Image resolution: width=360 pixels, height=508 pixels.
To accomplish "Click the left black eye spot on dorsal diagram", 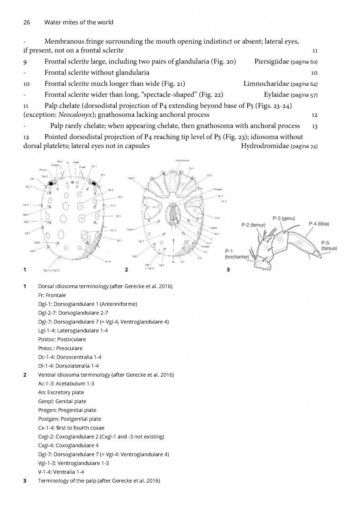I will point(51,183).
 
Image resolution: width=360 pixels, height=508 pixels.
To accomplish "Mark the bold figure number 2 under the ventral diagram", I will point(126,270).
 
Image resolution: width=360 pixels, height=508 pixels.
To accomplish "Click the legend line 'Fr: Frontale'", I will point(52,295).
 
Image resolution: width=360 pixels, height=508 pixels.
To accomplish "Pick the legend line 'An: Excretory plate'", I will point(60,393).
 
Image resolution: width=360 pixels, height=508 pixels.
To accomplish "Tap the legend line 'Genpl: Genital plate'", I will point(62,401).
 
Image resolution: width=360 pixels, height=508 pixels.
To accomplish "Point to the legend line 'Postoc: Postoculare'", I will point(62,339).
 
